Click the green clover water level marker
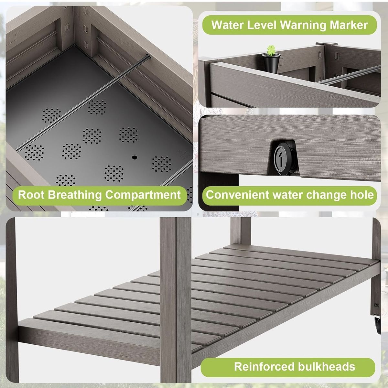tap(271, 50)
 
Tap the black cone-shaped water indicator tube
tap(271, 63)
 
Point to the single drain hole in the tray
tap(135, 157)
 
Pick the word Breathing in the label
tap(75, 195)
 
